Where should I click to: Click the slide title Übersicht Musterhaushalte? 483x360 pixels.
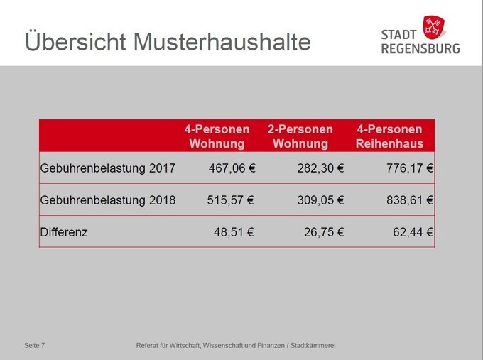pos(168,42)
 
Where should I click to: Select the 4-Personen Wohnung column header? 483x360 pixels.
pos(217,136)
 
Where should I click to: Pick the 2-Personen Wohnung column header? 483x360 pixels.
pos(300,136)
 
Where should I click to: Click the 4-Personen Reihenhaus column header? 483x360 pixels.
pos(390,136)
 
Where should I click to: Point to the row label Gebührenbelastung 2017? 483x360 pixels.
pos(109,168)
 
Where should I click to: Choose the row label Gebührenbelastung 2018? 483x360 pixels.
pos(109,200)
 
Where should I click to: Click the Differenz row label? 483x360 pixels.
pos(65,231)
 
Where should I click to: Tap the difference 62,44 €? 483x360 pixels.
pos(413,231)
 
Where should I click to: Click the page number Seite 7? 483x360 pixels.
pos(35,345)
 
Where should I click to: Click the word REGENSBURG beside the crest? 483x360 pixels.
pos(420,48)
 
